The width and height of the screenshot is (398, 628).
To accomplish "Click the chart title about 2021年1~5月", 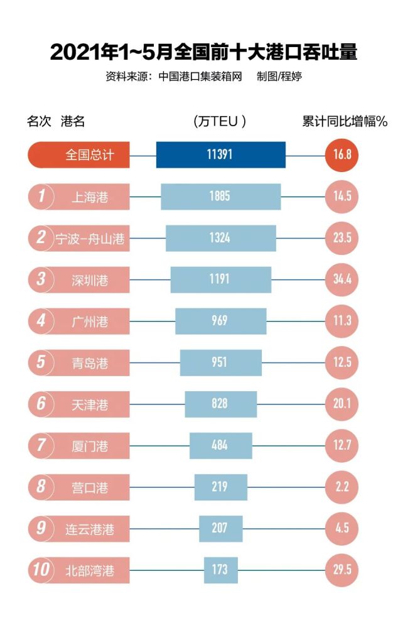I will [203, 51].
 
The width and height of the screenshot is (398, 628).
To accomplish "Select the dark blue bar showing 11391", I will [220, 154].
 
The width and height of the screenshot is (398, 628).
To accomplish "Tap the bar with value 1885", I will [220, 196].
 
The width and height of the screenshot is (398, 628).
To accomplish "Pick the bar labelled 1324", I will [220, 237].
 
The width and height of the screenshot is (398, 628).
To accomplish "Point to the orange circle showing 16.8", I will [342, 154].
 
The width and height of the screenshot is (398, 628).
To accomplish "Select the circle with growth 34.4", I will [342, 279].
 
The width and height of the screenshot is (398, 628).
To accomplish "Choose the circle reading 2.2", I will [342, 487].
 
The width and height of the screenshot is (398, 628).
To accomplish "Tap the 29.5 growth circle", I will [342, 570].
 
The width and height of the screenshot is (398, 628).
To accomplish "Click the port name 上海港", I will [90, 197].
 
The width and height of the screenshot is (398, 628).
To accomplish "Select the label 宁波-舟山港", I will [90, 238].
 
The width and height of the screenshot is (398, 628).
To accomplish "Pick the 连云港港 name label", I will [90, 529].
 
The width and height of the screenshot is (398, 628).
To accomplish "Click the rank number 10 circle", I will [41, 570].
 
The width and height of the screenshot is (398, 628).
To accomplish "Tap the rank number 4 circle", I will [41, 321].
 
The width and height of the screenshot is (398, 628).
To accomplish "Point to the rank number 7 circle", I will [41, 446].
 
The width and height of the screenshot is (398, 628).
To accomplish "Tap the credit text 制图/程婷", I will [281, 77].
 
